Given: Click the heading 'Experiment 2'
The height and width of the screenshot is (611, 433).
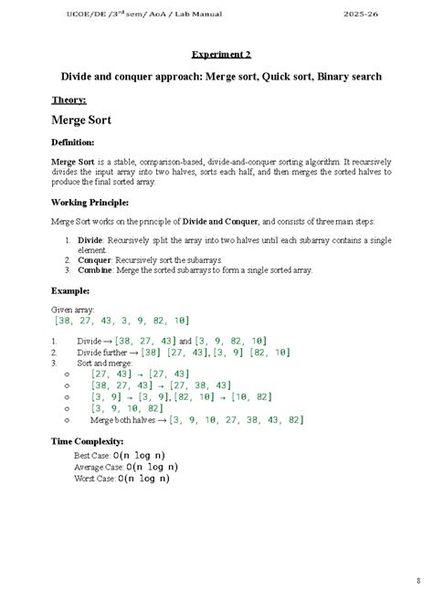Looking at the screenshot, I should tap(216, 55).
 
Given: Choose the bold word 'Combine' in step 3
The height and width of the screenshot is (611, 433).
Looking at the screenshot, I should tap(97, 270).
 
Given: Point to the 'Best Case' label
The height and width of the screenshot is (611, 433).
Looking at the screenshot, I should tap(93, 455).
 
